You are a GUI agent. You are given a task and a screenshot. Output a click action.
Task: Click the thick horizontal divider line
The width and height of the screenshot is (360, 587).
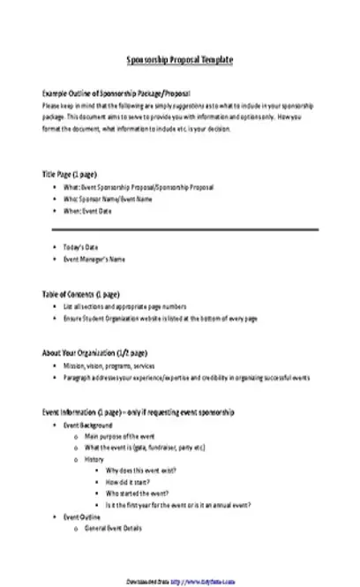click(184, 229)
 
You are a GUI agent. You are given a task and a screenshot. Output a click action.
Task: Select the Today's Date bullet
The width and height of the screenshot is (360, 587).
click(86, 246)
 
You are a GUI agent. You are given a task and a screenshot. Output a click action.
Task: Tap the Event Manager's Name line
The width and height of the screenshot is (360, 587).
click(94, 259)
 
